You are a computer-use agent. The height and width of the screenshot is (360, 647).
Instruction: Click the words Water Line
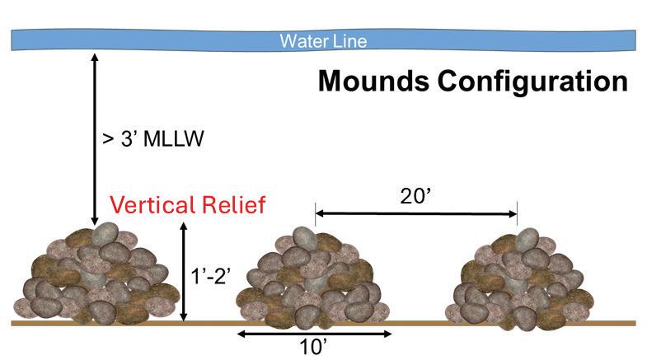[x=322, y=40]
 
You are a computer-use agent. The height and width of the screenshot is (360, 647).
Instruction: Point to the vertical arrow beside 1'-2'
[x=185, y=272]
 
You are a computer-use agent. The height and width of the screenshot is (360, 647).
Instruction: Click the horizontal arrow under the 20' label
[x=416, y=214]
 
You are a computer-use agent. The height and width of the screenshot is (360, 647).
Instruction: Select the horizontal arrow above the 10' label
[x=314, y=334]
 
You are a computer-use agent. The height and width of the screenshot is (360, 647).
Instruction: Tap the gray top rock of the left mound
[x=105, y=235]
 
